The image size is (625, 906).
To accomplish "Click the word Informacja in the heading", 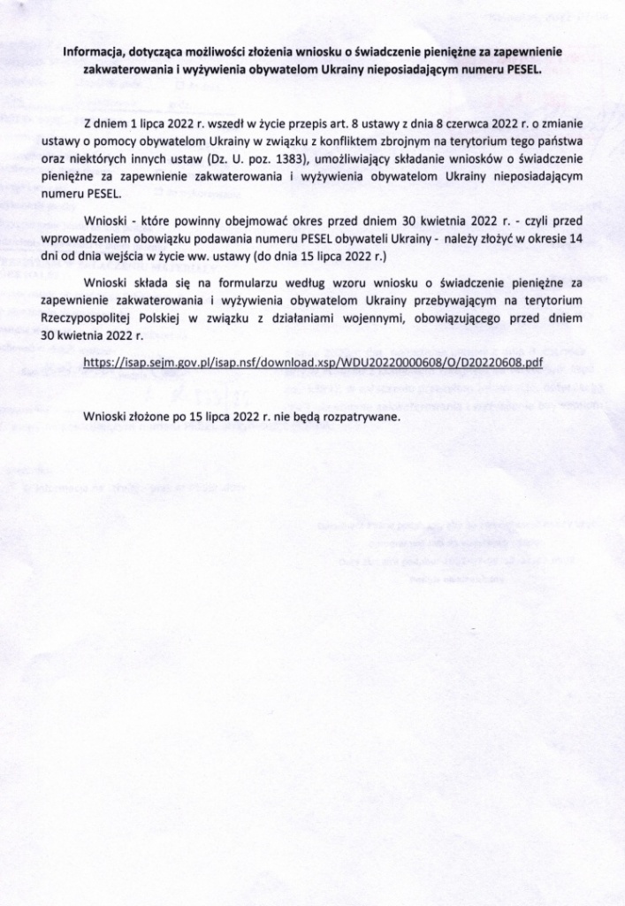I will pos(95,51).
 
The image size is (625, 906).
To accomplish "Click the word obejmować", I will pos(263,219).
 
